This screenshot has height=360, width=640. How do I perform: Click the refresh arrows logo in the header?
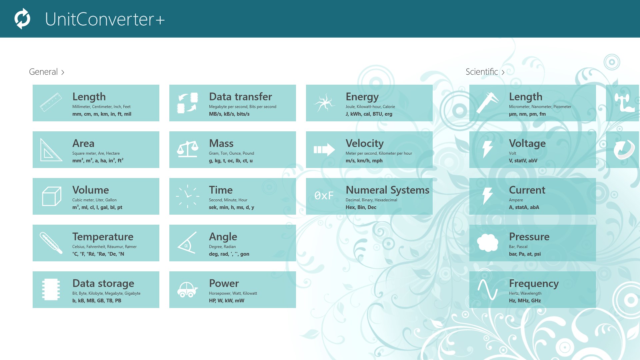point(22,19)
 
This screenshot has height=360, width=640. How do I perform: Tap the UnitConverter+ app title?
point(105,19)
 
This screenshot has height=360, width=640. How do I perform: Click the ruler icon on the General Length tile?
point(51,102)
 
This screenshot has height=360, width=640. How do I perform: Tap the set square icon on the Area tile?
point(51,150)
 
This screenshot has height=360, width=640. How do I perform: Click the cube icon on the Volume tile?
point(52,196)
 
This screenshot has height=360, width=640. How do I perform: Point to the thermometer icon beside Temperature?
point(51,243)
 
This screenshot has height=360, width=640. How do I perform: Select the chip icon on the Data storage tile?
point(51,289)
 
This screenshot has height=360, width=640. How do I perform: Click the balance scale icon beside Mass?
point(187,149)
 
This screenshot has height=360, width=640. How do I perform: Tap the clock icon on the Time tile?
point(187,196)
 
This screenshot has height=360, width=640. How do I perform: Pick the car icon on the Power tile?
point(187,289)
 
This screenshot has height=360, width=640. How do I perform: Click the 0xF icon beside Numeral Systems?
point(324,196)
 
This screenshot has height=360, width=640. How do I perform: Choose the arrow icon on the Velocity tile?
point(324,150)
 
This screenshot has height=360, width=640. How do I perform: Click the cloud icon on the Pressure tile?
point(488,242)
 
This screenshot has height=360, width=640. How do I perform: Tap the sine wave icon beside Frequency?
point(488,289)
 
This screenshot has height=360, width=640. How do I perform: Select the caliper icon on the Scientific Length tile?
point(488,103)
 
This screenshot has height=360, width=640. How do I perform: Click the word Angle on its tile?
point(223,237)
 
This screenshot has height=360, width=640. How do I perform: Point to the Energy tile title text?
point(362,97)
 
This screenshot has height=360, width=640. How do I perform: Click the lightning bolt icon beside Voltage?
point(488,149)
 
